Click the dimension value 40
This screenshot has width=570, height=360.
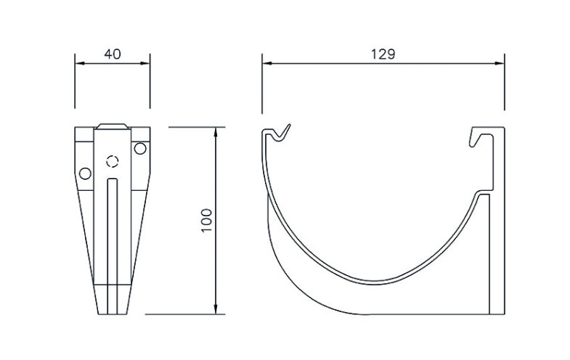113,54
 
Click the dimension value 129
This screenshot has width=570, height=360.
383,54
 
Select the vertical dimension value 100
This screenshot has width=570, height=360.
206,221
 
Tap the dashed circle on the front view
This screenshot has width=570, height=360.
112,162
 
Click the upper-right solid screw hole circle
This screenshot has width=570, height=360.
139,149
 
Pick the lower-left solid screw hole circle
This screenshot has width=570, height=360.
86,173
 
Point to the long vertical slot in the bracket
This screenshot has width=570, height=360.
112,232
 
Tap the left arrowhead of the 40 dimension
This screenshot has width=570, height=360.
78,64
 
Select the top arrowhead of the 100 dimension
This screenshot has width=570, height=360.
216,131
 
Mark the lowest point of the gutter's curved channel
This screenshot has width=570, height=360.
375,282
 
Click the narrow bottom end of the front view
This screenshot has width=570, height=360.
112,311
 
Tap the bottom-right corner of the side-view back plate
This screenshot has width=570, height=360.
503,314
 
